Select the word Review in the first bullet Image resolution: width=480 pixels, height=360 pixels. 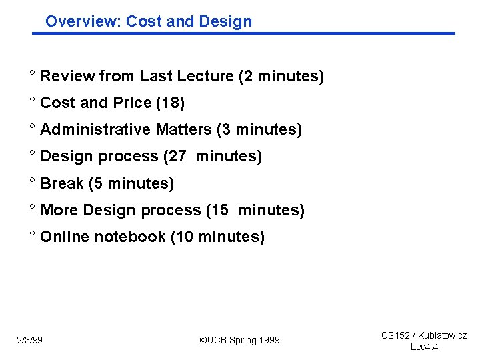pyautogui.click(x=67, y=77)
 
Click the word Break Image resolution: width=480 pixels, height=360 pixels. pyautogui.click(x=62, y=183)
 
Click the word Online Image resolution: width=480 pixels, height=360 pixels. pyautogui.click(x=65, y=237)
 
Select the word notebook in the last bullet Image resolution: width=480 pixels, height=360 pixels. pyautogui.click(x=130, y=237)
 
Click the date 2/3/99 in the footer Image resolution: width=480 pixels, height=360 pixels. pyautogui.click(x=30, y=341)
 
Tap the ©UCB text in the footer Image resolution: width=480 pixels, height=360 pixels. pyautogui.click(x=214, y=341)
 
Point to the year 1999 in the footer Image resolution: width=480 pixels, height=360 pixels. pyautogui.click(x=269, y=341)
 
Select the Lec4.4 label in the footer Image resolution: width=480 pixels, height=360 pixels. pyautogui.click(x=424, y=347)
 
